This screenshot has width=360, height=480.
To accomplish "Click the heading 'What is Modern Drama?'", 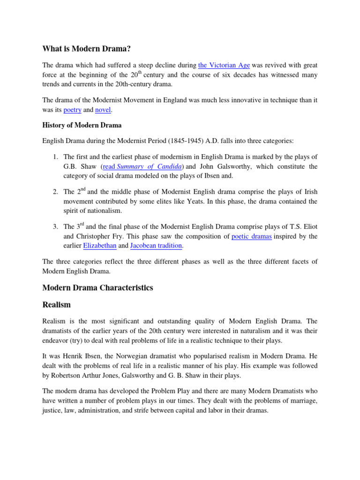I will (86, 48).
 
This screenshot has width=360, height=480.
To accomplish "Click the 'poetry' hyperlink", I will (73, 110).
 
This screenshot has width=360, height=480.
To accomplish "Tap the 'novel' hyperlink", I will (104, 110).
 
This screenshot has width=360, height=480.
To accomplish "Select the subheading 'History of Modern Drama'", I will (82, 125).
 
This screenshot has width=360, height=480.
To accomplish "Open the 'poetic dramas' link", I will (252, 236).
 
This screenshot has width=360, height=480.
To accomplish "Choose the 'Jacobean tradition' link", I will (156, 246).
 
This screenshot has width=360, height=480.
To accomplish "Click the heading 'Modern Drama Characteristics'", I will (97, 287).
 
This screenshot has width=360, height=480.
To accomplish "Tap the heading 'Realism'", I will (56, 305).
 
